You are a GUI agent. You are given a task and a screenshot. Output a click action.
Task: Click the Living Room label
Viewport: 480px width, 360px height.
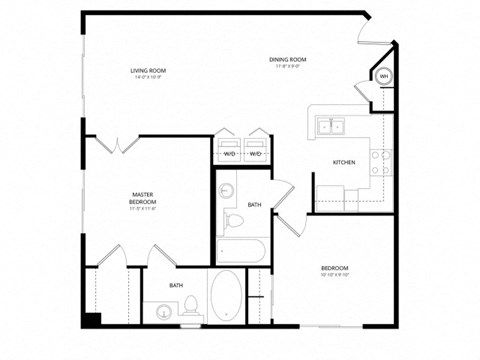(x=147, y=70)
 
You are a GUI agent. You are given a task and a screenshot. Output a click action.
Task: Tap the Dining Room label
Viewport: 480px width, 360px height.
(x=287, y=60)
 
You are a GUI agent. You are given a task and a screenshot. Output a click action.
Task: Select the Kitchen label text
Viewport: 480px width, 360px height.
(x=344, y=162)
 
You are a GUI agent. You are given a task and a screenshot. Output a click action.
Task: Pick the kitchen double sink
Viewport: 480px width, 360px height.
(x=331, y=126)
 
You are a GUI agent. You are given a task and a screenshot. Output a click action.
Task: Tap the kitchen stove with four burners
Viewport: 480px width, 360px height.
(x=381, y=161)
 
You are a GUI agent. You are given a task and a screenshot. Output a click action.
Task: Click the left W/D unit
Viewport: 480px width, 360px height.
(x=229, y=148)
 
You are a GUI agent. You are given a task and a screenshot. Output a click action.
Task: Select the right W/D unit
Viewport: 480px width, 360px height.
(x=255, y=148)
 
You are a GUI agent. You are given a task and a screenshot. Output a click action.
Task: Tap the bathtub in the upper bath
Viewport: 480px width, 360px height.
(x=240, y=249)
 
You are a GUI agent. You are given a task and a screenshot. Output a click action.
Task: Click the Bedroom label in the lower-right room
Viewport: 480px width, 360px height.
(x=334, y=268)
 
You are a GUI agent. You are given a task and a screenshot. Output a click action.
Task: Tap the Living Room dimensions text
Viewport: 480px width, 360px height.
(x=147, y=77)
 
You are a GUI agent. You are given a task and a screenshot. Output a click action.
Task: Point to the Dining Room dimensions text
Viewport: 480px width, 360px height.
(x=287, y=67)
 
